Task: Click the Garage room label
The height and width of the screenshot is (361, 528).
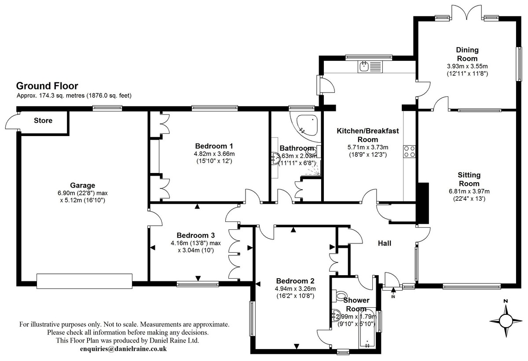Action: (x=83, y=185)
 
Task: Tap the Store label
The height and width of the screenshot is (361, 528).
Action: (x=43, y=121)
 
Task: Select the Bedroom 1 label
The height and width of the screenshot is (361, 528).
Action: (x=214, y=146)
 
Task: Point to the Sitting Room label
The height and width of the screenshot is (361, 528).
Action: (x=469, y=179)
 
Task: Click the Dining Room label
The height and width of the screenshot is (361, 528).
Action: (x=467, y=54)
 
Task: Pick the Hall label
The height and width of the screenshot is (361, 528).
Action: (x=385, y=243)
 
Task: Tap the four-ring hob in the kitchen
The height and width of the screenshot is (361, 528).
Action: (x=410, y=151)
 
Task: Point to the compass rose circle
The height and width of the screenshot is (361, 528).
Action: (x=506, y=321)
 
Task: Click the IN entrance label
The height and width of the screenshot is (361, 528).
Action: (x=393, y=297)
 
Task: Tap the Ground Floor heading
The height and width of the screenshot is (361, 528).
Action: (x=47, y=86)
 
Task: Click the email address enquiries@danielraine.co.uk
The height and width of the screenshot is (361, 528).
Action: (x=123, y=349)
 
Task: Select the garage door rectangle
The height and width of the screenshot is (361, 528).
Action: (x=84, y=281)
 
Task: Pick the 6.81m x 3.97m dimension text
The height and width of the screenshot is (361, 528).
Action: (x=469, y=191)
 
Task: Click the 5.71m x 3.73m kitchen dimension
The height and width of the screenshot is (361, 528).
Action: (x=368, y=147)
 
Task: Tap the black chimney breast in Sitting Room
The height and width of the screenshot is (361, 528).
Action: (x=423, y=203)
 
